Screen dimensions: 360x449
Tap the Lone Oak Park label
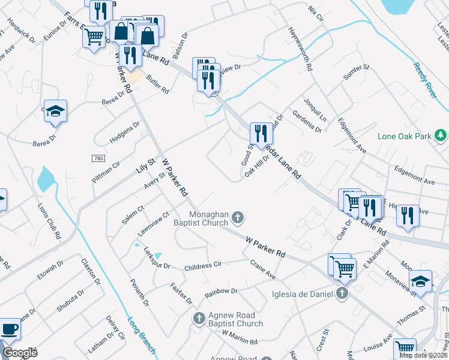(405, 136)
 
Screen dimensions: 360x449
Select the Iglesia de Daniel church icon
(342, 293)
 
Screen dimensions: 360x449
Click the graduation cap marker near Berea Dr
(56, 111)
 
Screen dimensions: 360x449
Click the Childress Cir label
(203, 265)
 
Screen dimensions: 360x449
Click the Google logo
(20, 353)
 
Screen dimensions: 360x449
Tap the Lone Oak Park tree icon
(441, 135)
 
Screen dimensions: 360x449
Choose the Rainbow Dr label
(221, 292)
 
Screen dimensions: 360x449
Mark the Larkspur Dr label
(157, 260)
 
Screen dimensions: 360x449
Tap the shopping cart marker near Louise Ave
(405, 347)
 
